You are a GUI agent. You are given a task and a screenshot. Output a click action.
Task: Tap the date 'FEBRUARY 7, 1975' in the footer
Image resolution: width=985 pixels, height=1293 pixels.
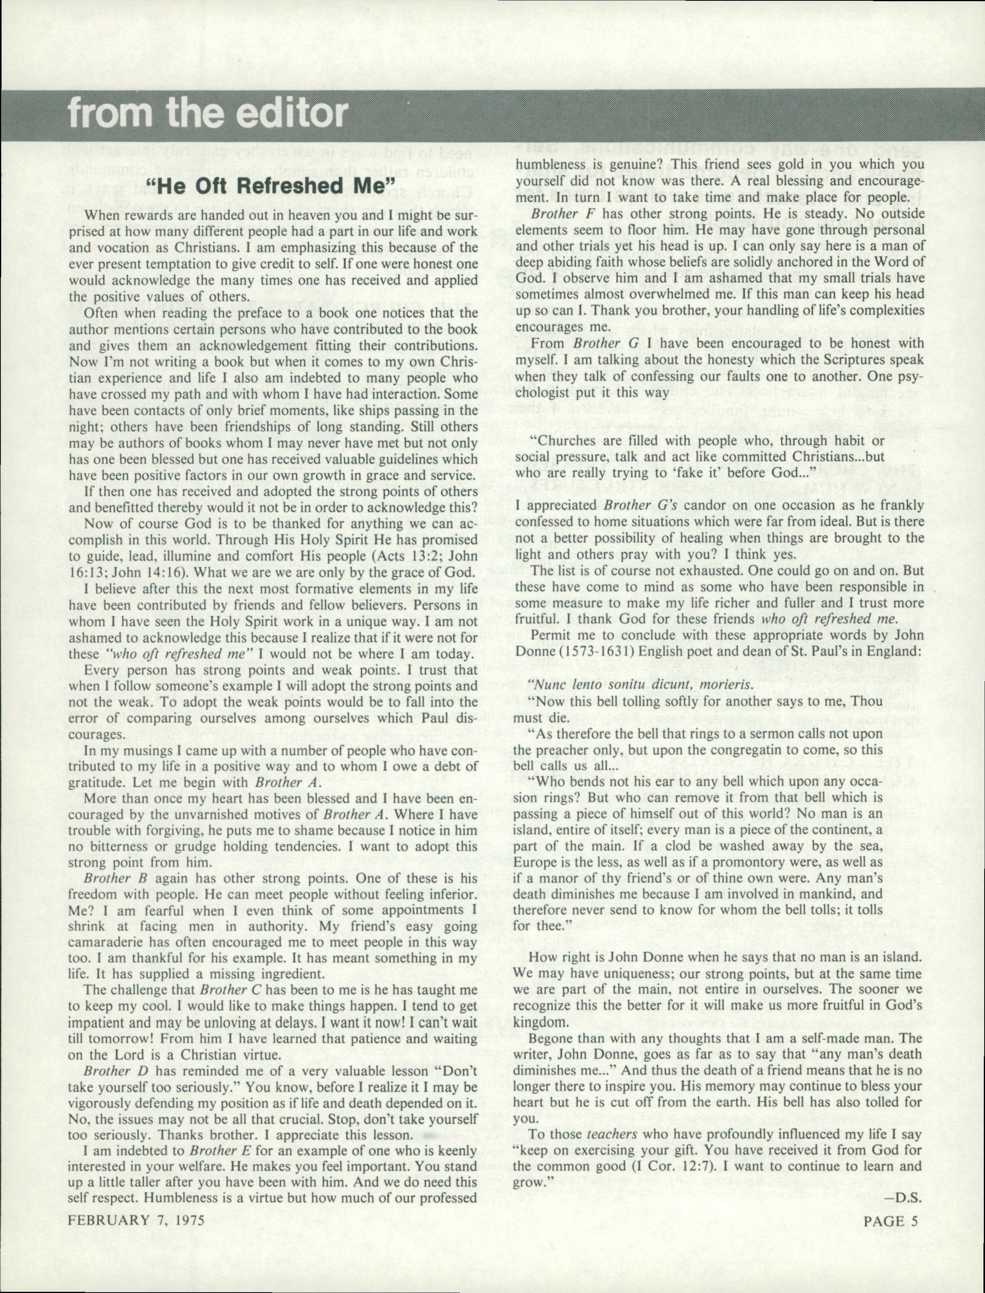pos(136,1221)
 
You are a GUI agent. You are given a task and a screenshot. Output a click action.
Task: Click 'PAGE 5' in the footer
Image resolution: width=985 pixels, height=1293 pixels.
pos(890,1221)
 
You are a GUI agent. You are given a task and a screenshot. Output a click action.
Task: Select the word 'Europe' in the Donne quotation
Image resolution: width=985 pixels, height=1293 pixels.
pos(534,862)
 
